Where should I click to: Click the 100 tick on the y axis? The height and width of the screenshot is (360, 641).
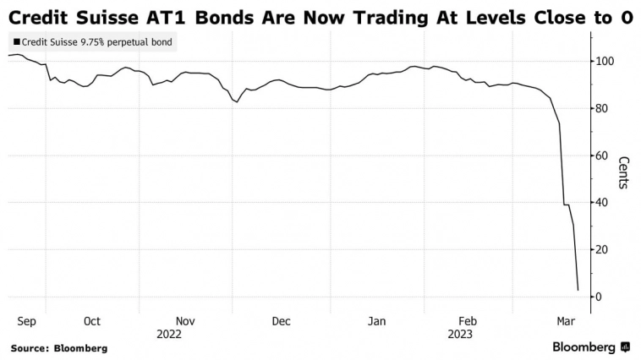(605, 62)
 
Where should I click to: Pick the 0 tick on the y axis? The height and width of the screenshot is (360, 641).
(599, 297)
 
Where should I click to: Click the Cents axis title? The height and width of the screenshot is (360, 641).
(623, 172)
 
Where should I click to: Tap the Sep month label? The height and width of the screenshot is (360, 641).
(26, 321)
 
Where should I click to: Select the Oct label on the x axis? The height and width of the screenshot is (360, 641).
(91, 321)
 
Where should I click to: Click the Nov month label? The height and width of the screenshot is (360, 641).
(186, 321)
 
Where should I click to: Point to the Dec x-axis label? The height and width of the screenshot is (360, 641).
(281, 321)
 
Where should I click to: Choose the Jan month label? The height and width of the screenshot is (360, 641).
(377, 321)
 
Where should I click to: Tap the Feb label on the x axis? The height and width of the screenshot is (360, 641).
(468, 321)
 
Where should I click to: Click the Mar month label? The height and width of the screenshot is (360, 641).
(565, 321)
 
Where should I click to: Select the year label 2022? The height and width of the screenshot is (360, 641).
(169, 334)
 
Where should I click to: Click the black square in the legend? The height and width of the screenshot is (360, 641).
(17, 41)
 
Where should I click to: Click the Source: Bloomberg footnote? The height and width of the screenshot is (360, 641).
(58, 347)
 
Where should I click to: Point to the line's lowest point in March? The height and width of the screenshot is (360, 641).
(578, 291)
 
